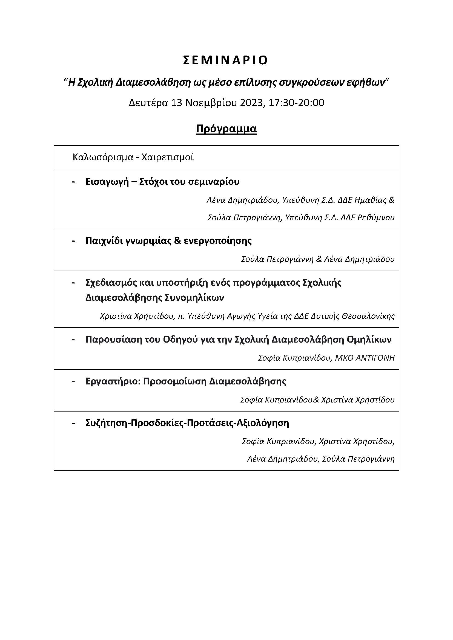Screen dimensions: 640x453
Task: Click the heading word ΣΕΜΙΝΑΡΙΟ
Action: click(x=226, y=60)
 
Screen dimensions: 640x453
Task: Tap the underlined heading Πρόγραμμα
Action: click(x=226, y=129)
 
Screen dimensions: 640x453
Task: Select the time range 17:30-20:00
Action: click(x=296, y=103)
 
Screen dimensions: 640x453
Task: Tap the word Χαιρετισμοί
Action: click(x=168, y=158)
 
